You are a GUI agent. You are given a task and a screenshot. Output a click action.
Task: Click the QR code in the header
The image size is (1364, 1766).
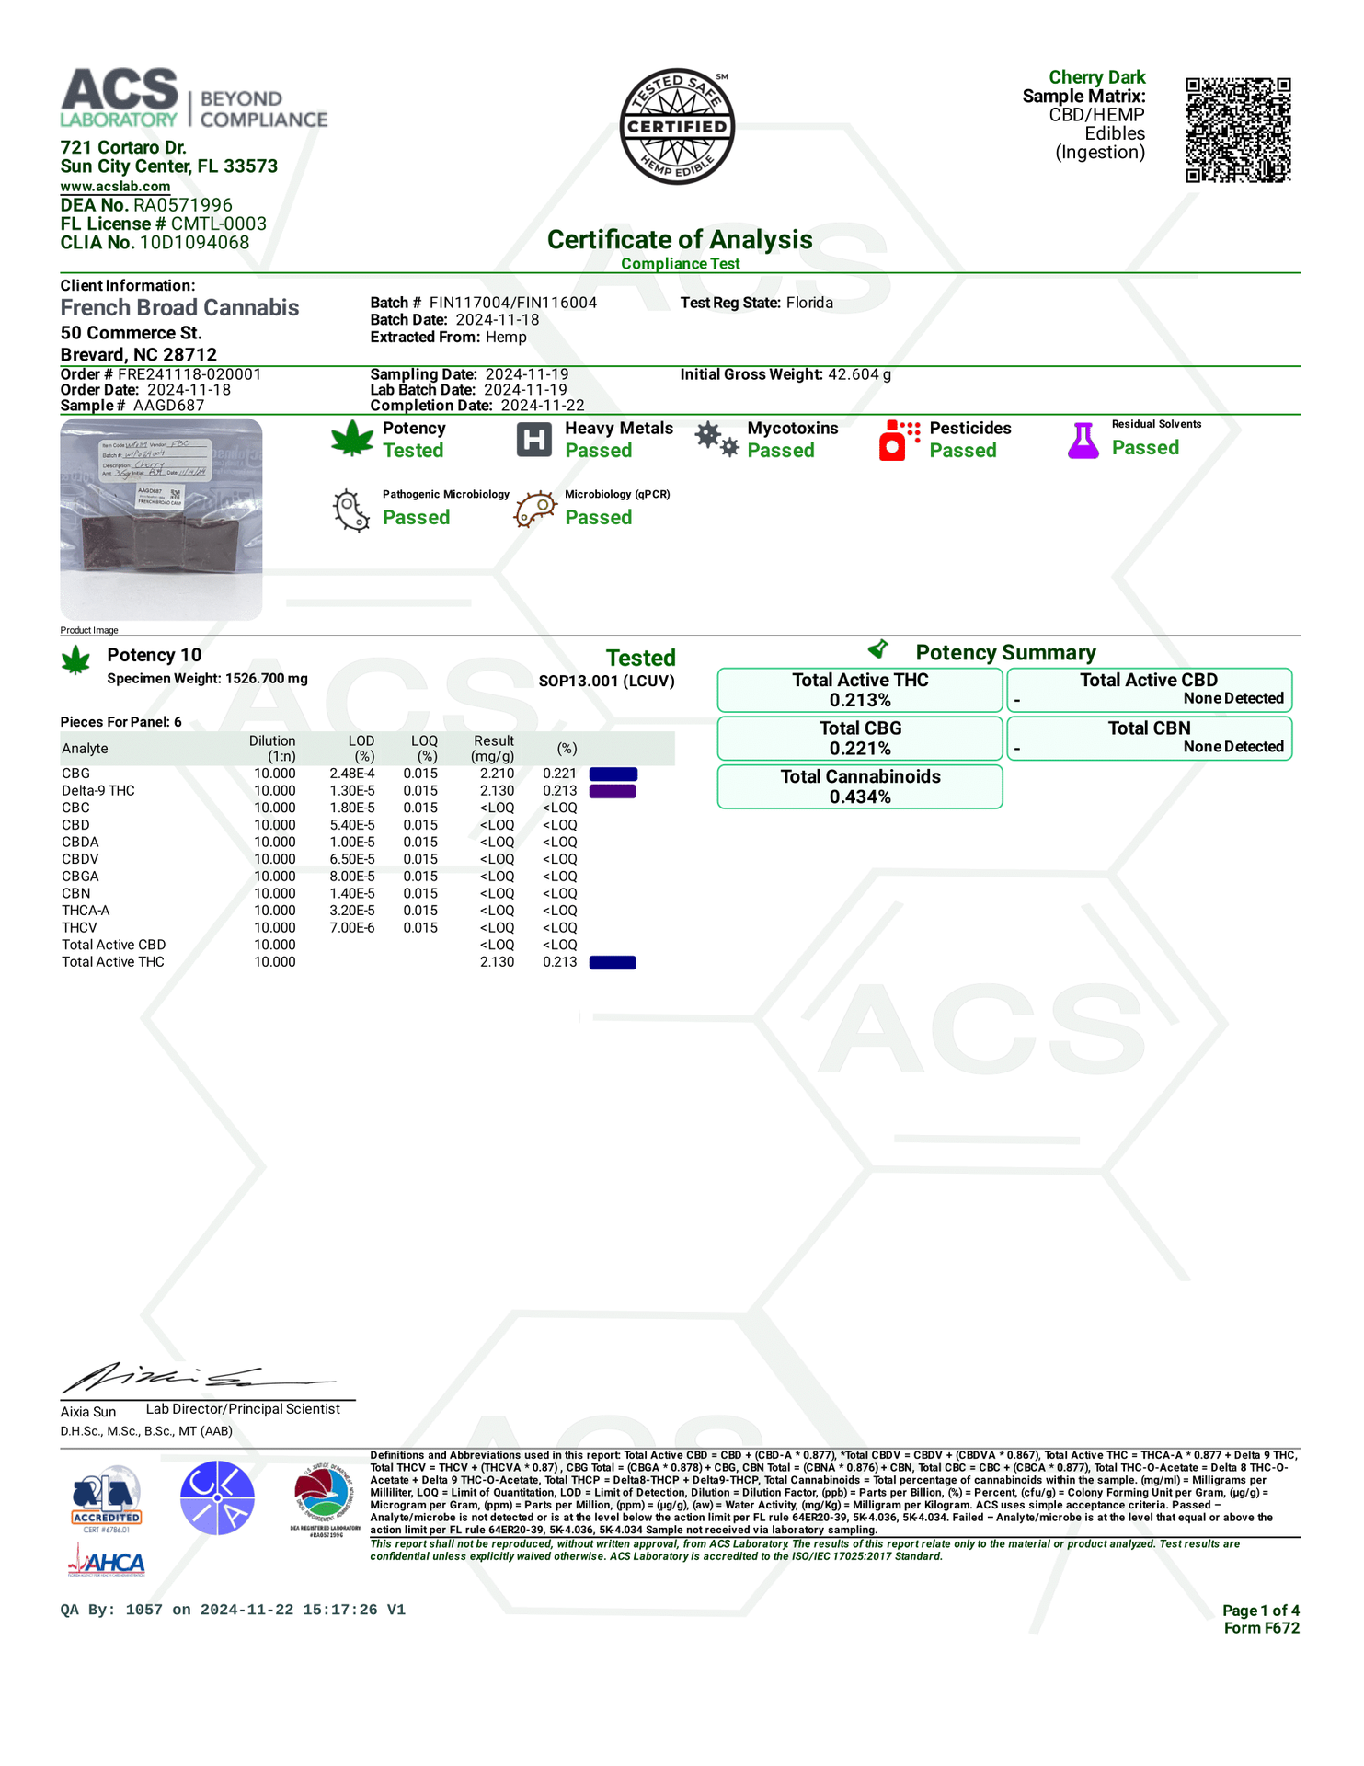pos(1238,130)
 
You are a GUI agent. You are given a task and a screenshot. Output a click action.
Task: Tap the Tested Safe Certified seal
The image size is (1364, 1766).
pos(678,126)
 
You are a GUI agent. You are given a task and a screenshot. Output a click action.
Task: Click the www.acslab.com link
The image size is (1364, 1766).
pos(115,187)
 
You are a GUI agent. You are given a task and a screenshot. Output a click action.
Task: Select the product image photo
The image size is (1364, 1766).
pos(161,519)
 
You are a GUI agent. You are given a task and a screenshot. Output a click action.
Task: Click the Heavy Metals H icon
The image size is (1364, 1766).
pos(533,440)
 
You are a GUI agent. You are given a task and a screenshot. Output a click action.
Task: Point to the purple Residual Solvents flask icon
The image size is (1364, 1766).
pos(1083,441)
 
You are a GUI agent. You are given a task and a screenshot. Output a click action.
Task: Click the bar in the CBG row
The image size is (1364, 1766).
pos(613,774)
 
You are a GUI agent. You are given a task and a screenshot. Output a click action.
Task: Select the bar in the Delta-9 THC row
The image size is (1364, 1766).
pos(613,791)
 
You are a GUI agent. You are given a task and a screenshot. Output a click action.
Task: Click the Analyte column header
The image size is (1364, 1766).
pos(85,749)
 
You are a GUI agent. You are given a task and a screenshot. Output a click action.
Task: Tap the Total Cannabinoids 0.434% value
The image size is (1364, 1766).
pos(860,797)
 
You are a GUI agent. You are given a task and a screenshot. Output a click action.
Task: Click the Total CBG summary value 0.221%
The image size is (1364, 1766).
pos(860,749)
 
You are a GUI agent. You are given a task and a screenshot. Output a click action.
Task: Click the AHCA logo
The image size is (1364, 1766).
pos(107,1563)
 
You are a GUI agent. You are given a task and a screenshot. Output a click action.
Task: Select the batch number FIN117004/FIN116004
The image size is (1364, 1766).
pos(512,303)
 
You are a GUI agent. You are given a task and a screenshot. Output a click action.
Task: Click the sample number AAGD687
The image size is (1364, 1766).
pos(168,406)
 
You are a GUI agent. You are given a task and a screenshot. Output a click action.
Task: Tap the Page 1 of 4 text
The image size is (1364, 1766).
pos(1260,1611)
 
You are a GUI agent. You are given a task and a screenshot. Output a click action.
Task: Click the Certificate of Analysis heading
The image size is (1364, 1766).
pos(680,240)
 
